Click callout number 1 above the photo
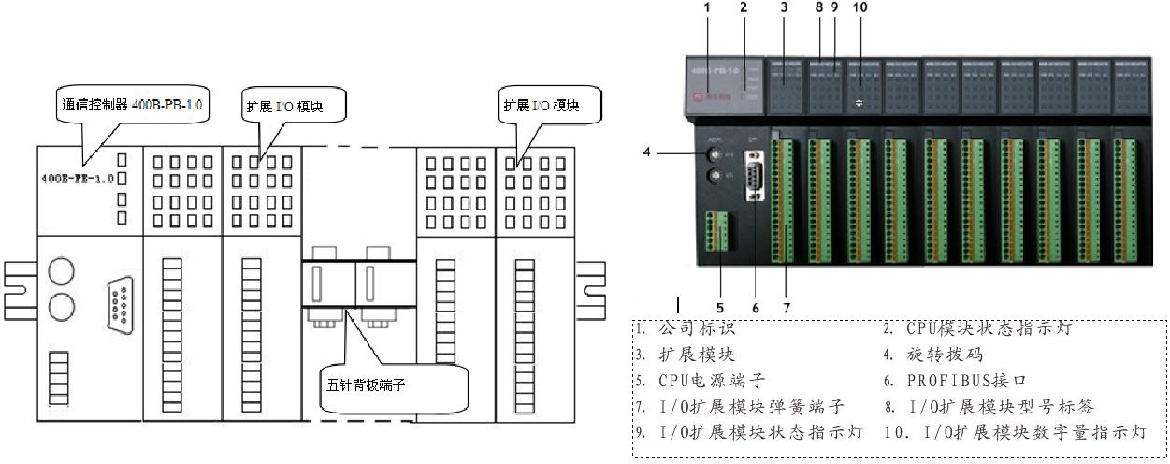click(707, 7)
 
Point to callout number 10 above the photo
click(859, 7)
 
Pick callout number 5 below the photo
click(720, 305)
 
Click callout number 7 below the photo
click(787, 305)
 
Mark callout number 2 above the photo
click(743, 7)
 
